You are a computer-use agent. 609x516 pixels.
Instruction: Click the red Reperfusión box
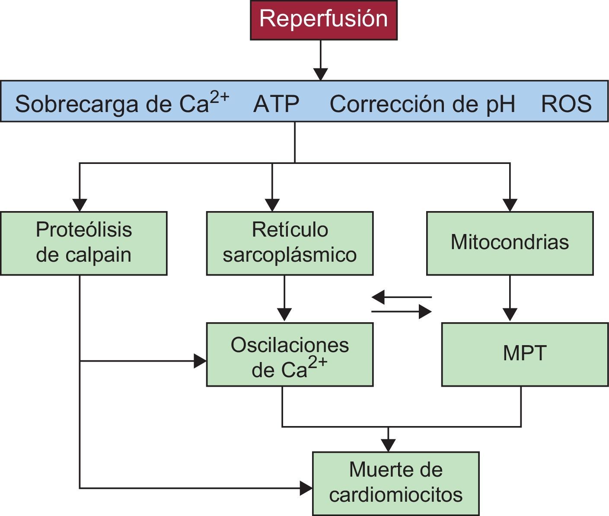[x=323, y=20]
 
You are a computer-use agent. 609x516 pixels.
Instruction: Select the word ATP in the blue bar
[x=276, y=104]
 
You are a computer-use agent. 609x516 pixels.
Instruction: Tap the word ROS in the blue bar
[x=566, y=104]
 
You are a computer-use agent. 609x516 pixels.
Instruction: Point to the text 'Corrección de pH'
[x=422, y=104]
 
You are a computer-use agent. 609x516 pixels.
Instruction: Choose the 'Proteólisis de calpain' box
[x=83, y=243]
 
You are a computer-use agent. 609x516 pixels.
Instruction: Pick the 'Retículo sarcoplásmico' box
[x=290, y=243]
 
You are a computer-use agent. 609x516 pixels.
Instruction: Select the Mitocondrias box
[x=510, y=243]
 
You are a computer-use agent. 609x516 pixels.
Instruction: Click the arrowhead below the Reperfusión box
[x=320, y=74]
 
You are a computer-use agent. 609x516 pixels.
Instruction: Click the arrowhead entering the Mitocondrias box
[x=510, y=205]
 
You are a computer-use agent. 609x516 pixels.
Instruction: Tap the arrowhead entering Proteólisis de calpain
[x=80, y=205]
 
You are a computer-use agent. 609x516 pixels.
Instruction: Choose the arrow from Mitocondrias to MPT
[x=510, y=298]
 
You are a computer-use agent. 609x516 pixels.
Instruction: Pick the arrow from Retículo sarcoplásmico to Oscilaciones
[x=284, y=298]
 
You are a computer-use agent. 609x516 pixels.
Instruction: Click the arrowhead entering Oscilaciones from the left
[x=200, y=360]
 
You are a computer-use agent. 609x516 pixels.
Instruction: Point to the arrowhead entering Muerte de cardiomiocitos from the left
[x=306, y=488]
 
